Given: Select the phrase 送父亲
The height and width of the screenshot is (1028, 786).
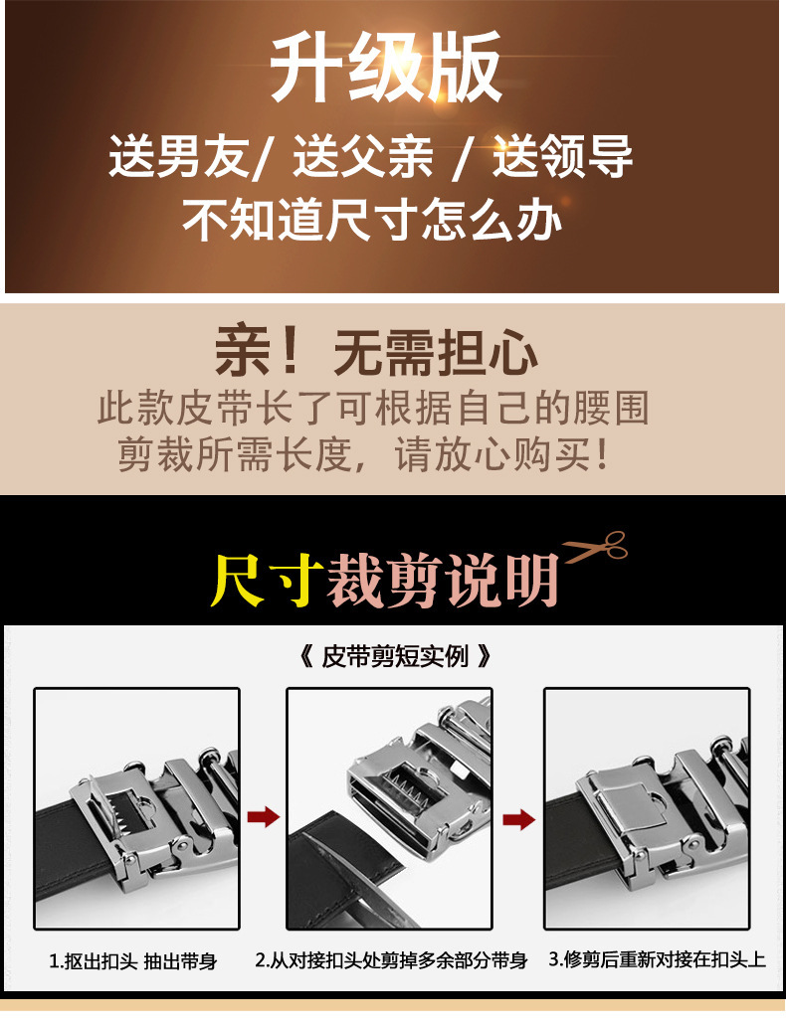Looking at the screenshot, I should [x=362, y=157].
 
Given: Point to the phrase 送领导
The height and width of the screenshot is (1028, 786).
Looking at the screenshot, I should [x=562, y=157].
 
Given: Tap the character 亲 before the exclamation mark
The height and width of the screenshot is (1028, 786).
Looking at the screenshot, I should [x=244, y=352].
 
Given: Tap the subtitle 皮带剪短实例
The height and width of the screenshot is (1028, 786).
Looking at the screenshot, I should [x=393, y=657].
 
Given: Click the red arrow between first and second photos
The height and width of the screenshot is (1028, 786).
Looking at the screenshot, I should [x=263, y=817].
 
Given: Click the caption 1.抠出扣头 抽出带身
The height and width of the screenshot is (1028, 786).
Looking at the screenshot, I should [x=133, y=960].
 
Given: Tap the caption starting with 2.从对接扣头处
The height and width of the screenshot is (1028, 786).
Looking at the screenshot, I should [x=391, y=960].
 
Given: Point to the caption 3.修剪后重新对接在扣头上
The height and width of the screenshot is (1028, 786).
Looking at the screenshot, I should [x=657, y=959].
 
